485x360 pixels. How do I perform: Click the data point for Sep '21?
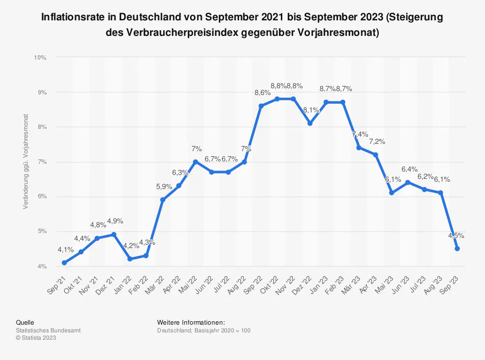pos(65,263)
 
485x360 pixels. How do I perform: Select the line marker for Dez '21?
pos(113,235)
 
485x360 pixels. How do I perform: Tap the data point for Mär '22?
pos(162,200)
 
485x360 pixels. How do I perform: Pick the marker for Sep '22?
pos(261,106)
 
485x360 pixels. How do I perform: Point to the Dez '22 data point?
pos(310,123)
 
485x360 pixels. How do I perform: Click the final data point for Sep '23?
pos(457,249)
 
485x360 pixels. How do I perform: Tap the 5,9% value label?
pos(164,187)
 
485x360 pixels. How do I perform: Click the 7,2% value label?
pos(377,141)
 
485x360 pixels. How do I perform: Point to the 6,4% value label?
pos(409,169)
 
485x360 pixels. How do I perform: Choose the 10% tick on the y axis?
pos(40,57)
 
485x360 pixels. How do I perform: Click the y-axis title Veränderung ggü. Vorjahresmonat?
pos(25,162)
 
